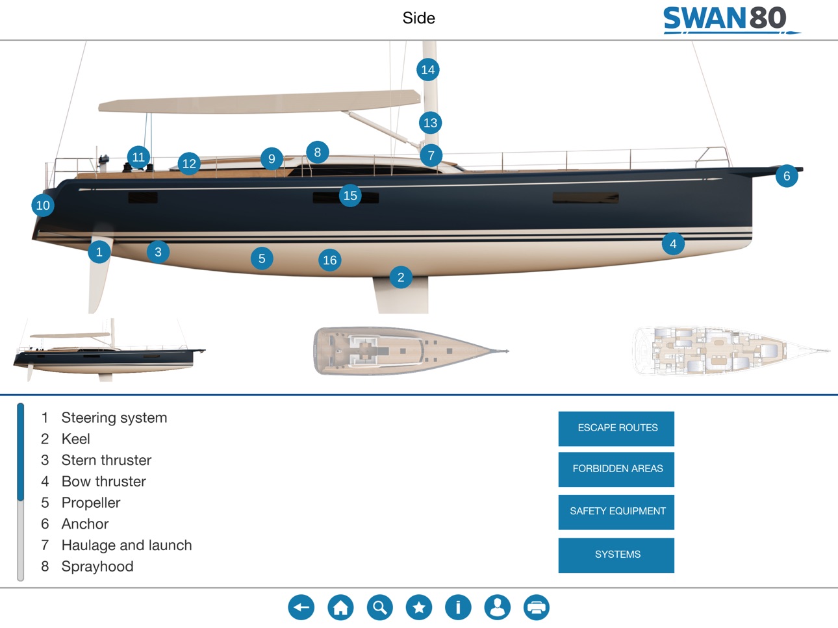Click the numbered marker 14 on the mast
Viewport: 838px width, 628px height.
pos(427,69)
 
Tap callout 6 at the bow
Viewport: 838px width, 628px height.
pos(787,176)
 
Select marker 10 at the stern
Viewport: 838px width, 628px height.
pos(43,205)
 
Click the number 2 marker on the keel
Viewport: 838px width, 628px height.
pos(401,277)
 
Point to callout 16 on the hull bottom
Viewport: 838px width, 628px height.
pos(330,260)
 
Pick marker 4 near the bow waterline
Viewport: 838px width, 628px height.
pos(673,244)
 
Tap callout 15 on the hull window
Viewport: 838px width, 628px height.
pos(350,195)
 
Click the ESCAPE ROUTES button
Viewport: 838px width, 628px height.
pos(616,429)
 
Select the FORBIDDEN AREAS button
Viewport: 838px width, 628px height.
pos(616,470)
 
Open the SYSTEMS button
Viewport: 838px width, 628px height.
pos(616,555)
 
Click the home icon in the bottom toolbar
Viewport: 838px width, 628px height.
pos(340,607)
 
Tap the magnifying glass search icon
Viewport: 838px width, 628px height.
pos(380,607)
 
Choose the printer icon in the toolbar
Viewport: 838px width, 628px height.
pos(537,607)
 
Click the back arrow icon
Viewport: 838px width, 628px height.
pos(301,607)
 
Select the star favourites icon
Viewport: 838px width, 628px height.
pos(419,607)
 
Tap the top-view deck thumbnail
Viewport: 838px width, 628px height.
pos(411,351)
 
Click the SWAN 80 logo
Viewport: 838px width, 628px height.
pos(731,20)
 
